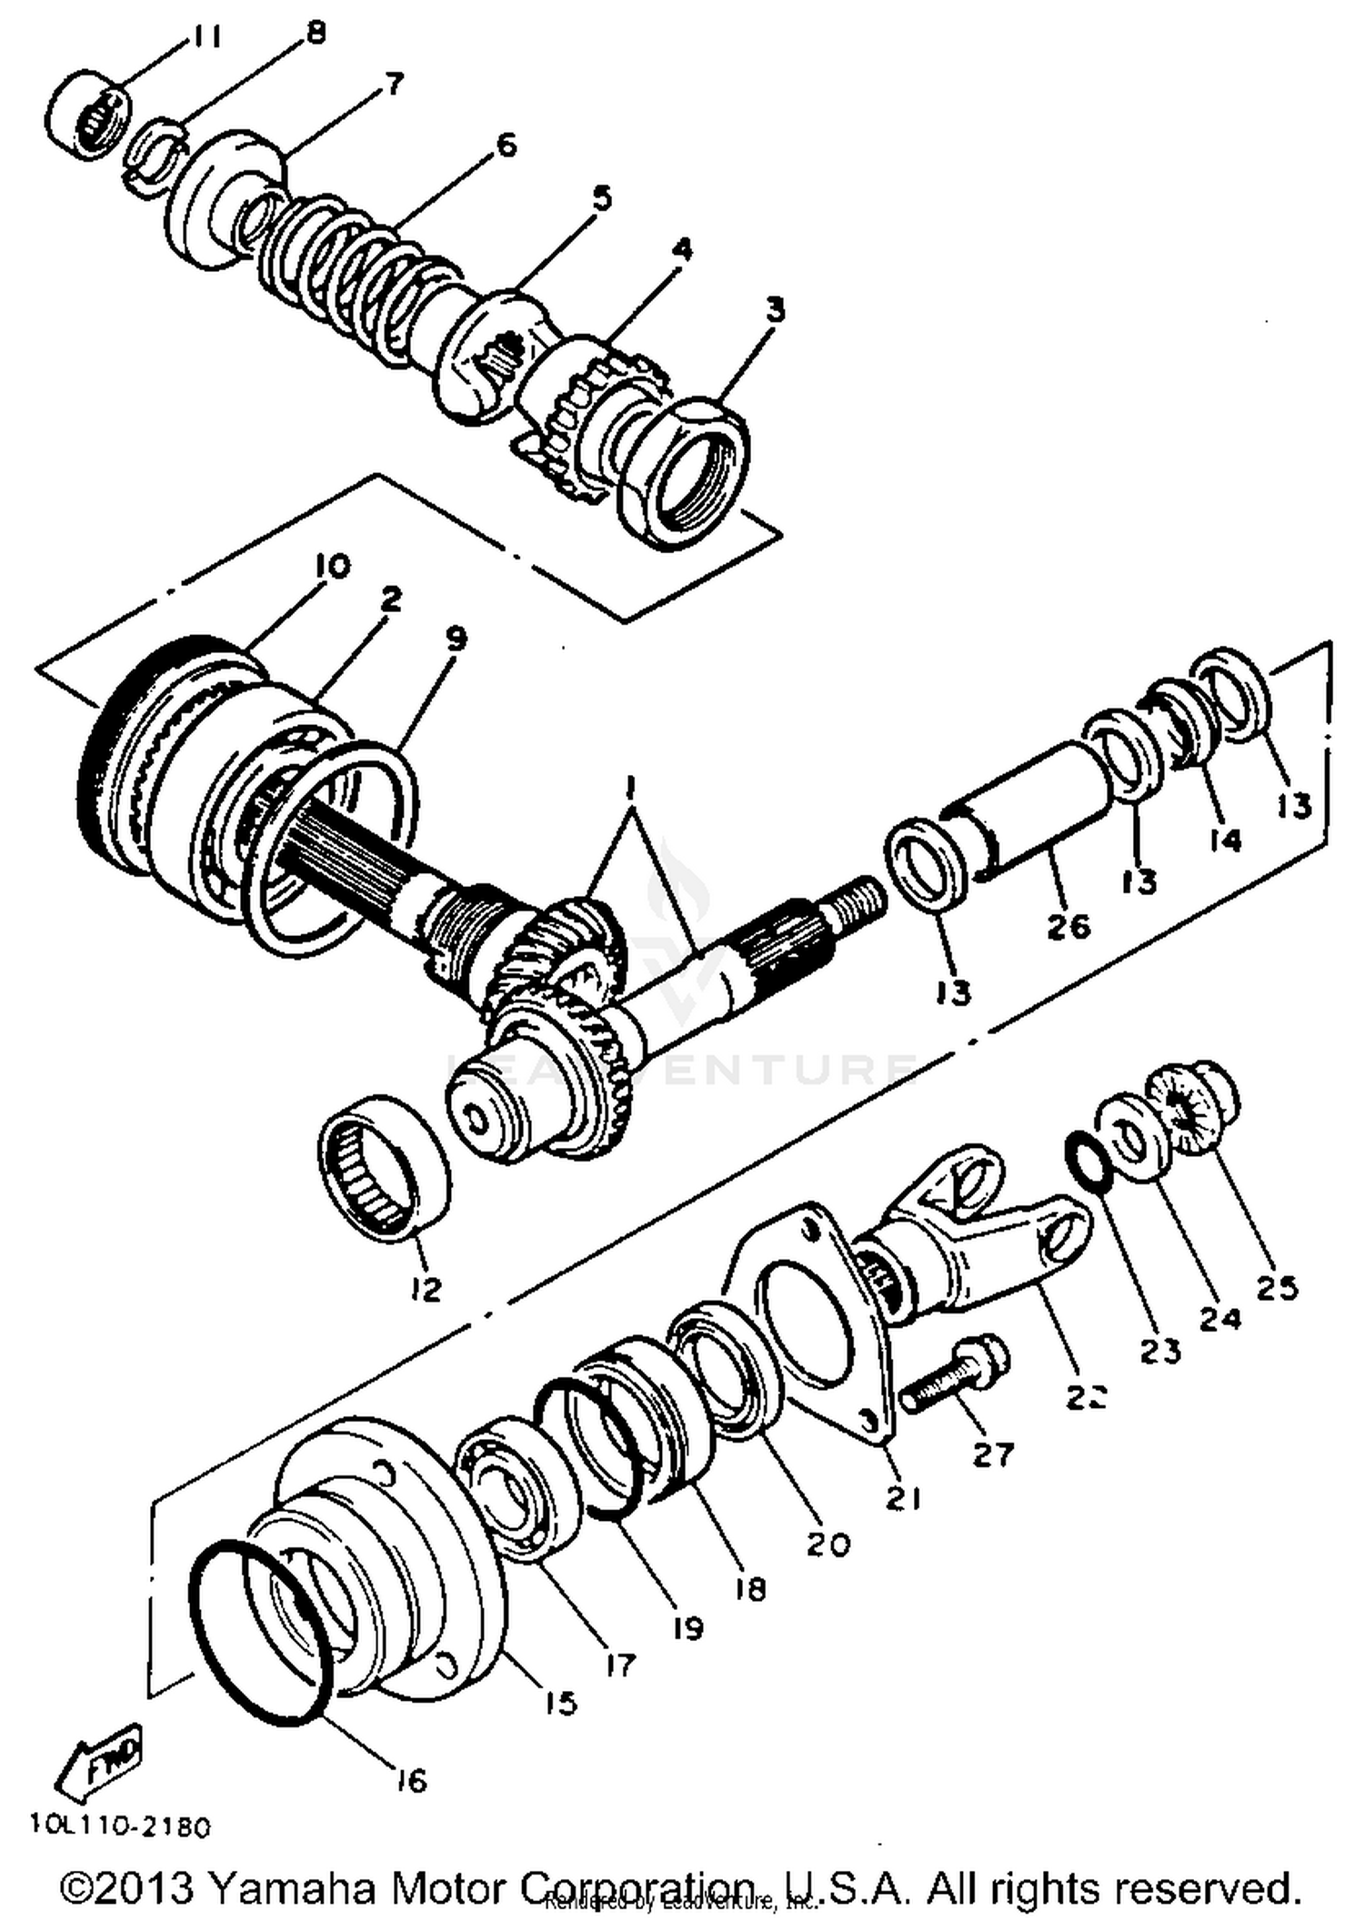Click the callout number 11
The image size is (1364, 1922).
206,39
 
